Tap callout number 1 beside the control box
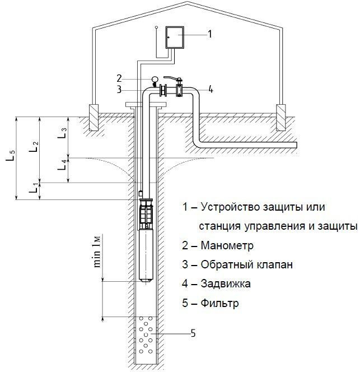click(210, 34)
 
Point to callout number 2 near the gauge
click(119, 77)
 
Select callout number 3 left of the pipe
click(119, 89)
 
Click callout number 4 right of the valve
click(211, 89)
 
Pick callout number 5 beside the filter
click(193, 334)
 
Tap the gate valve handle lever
click(174, 79)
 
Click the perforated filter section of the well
click(147, 338)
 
